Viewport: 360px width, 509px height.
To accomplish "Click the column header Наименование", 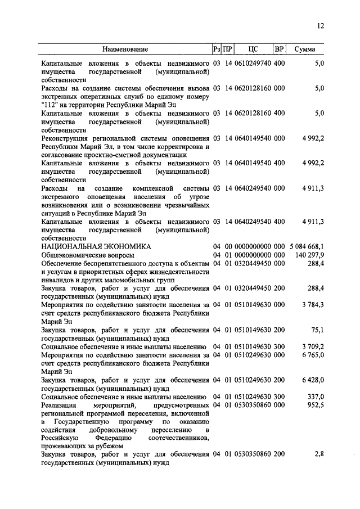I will coord(125,49).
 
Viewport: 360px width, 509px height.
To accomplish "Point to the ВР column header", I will coord(279,49).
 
